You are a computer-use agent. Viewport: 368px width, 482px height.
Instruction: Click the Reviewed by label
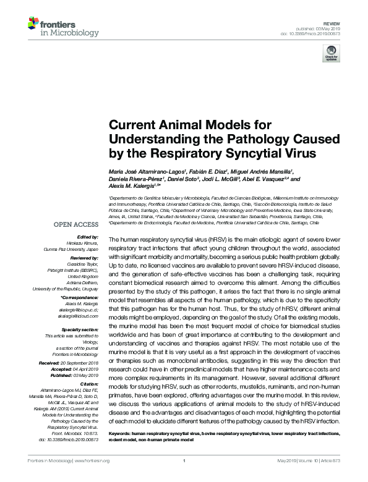pyautogui.click(x=82, y=256)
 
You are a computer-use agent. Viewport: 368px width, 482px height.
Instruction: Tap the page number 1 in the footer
pyautogui.click(x=184, y=460)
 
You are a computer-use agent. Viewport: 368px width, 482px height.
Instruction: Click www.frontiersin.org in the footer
pyautogui.click(x=92, y=460)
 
